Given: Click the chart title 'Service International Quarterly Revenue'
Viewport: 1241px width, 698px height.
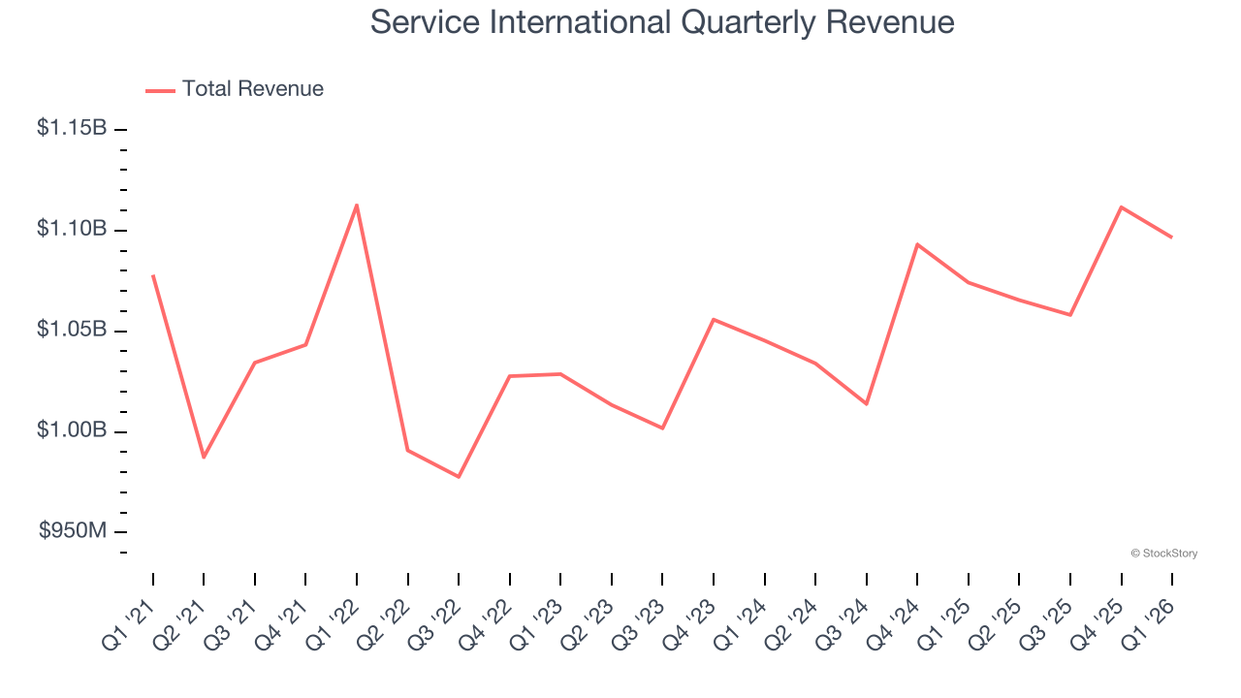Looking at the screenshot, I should pyautogui.click(x=662, y=22).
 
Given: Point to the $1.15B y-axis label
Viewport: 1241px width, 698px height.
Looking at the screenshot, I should pyautogui.click(x=72, y=128).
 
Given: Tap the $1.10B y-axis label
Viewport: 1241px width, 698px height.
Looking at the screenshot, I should pyautogui.click(x=72, y=229).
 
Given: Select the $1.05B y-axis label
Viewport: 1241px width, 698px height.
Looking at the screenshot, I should pyautogui.click(x=72, y=330).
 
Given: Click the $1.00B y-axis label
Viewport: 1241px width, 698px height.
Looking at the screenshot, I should pyautogui.click(x=72, y=430).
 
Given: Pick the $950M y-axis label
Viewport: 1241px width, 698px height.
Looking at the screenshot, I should pyautogui.click(x=73, y=531).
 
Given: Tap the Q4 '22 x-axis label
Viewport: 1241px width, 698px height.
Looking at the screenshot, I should pyautogui.click(x=489, y=620).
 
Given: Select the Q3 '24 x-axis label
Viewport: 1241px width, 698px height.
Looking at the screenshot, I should pyautogui.click(x=845, y=620).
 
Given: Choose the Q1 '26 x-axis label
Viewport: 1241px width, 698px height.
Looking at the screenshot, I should pyautogui.click(x=1151, y=620).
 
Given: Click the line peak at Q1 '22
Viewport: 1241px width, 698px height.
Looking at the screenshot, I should pyautogui.click(x=357, y=205).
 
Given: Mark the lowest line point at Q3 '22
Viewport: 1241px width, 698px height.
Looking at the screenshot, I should pyautogui.click(x=459, y=477).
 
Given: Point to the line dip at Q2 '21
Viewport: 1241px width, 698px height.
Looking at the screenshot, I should pyautogui.click(x=204, y=458).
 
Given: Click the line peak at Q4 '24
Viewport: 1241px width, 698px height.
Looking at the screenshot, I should pyautogui.click(x=917, y=244).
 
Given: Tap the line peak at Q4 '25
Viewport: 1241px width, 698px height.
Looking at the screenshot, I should pyautogui.click(x=1122, y=206).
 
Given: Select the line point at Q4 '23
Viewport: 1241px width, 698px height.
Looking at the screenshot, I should pyautogui.click(x=714, y=319).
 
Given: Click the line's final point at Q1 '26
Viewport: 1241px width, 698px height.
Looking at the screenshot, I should pyautogui.click(x=1172, y=238).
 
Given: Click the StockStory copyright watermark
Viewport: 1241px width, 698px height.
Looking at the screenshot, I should pyautogui.click(x=1163, y=554).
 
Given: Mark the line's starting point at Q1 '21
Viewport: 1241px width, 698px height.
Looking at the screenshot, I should pyautogui.click(x=153, y=275).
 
